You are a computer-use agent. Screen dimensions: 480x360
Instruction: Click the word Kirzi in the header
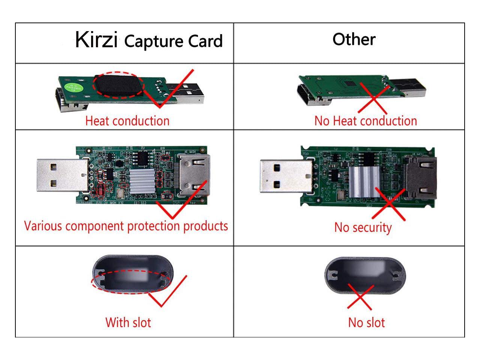click(x=96, y=40)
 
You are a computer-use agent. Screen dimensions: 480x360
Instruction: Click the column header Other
click(x=354, y=39)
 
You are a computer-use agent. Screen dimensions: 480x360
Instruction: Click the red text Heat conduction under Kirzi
click(x=127, y=121)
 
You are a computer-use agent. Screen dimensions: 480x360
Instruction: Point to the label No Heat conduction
click(x=366, y=121)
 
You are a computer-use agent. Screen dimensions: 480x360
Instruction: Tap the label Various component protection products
click(x=126, y=226)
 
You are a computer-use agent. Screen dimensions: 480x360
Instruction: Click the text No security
click(x=363, y=227)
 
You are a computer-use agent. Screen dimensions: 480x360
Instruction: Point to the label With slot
click(x=128, y=322)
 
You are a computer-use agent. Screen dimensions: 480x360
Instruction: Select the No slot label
click(x=366, y=322)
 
